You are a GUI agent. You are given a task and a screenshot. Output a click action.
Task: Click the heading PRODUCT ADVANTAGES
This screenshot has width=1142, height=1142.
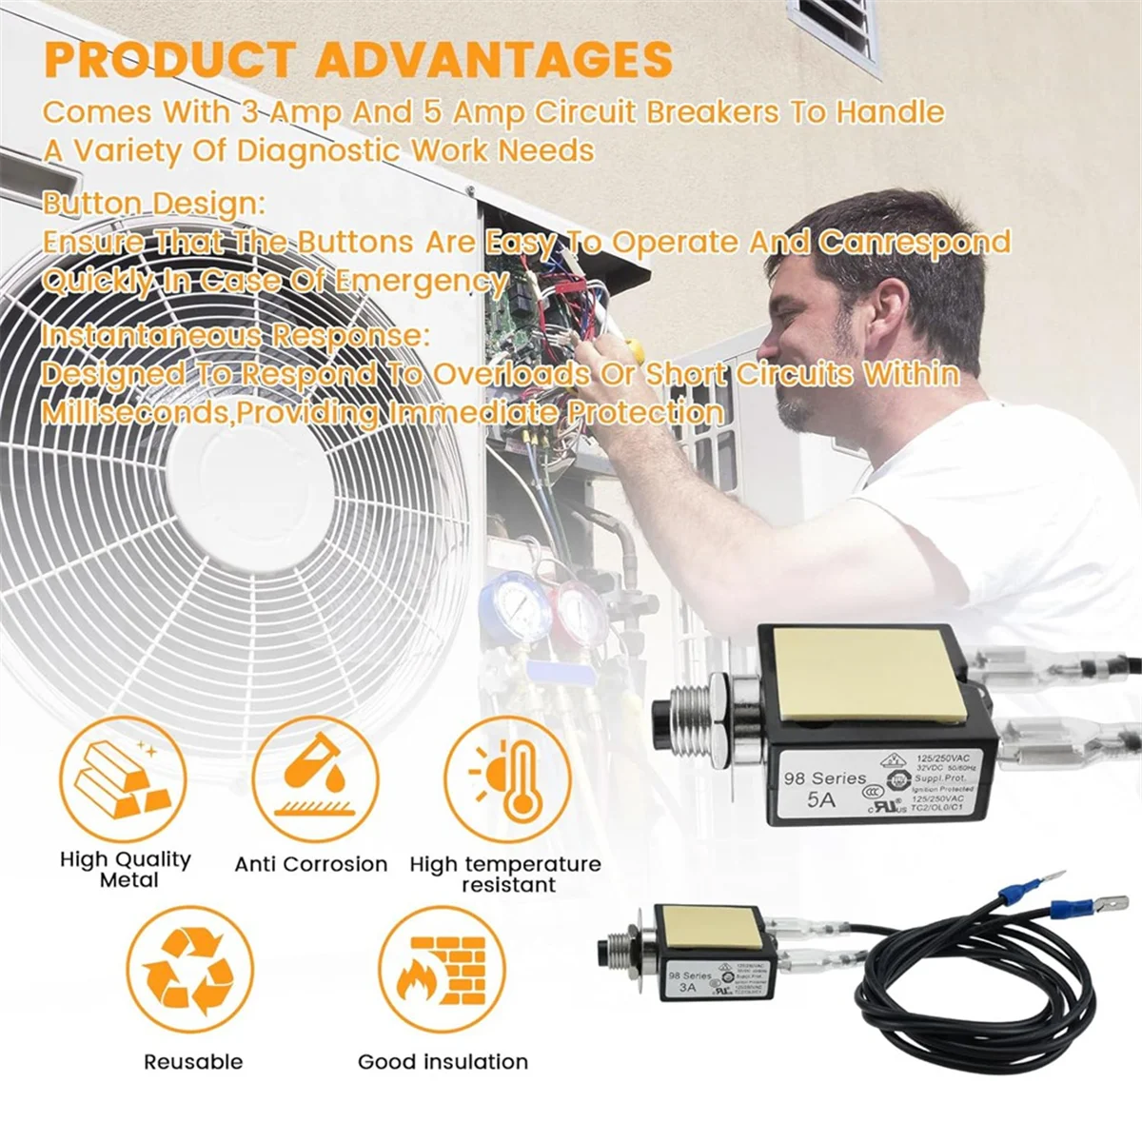tap(359, 59)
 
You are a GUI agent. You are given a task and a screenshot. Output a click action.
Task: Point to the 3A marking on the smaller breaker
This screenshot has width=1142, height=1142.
tap(687, 988)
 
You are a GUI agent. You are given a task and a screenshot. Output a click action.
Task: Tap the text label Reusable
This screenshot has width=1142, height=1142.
tap(193, 1061)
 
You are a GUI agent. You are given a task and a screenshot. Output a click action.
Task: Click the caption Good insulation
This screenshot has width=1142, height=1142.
tap(443, 1061)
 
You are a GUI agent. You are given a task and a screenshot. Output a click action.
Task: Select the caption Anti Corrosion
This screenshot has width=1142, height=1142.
tap(311, 864)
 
